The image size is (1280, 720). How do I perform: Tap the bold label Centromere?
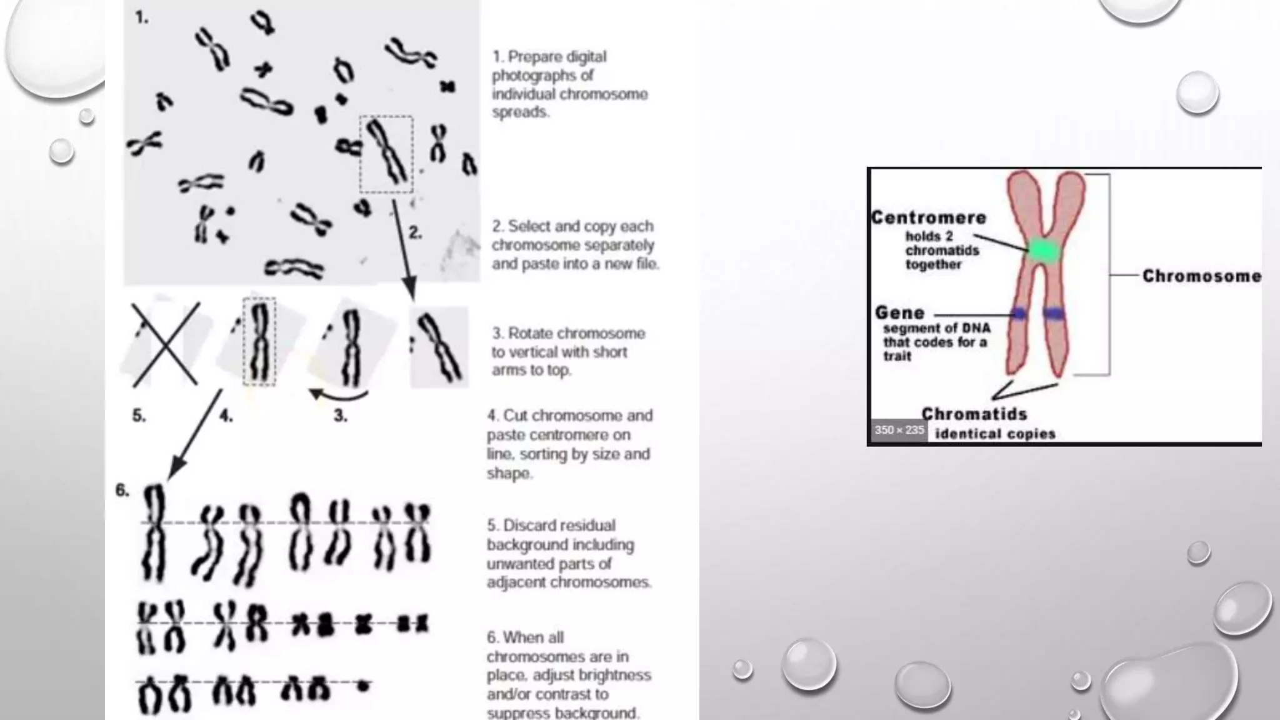(929, 218)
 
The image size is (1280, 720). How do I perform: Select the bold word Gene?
(899, 312)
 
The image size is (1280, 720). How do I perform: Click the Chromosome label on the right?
(1201, 276)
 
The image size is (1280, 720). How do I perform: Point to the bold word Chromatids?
(974, 414)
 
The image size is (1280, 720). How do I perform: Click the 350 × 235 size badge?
(899, 430)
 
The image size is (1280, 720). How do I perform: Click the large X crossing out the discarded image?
(165, 344)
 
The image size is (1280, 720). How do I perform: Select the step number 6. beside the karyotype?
(122, 491)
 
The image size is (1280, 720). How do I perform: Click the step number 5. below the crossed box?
(139, 416)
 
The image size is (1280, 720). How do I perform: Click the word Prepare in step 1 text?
(534, 57)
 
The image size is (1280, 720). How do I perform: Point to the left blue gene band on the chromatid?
(1019, 314)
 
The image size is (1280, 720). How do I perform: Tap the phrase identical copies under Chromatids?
(995, 434)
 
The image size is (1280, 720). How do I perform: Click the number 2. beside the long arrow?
(416, 233)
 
